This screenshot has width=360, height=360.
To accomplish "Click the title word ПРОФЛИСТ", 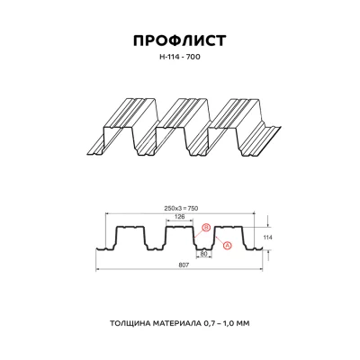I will pyautogui.click(x=180, y=40).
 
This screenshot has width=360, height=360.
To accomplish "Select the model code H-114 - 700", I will pyautogui.click(x=180, y=58).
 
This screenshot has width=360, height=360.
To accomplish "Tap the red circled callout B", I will pyautogui.click(x=206, y=229).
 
